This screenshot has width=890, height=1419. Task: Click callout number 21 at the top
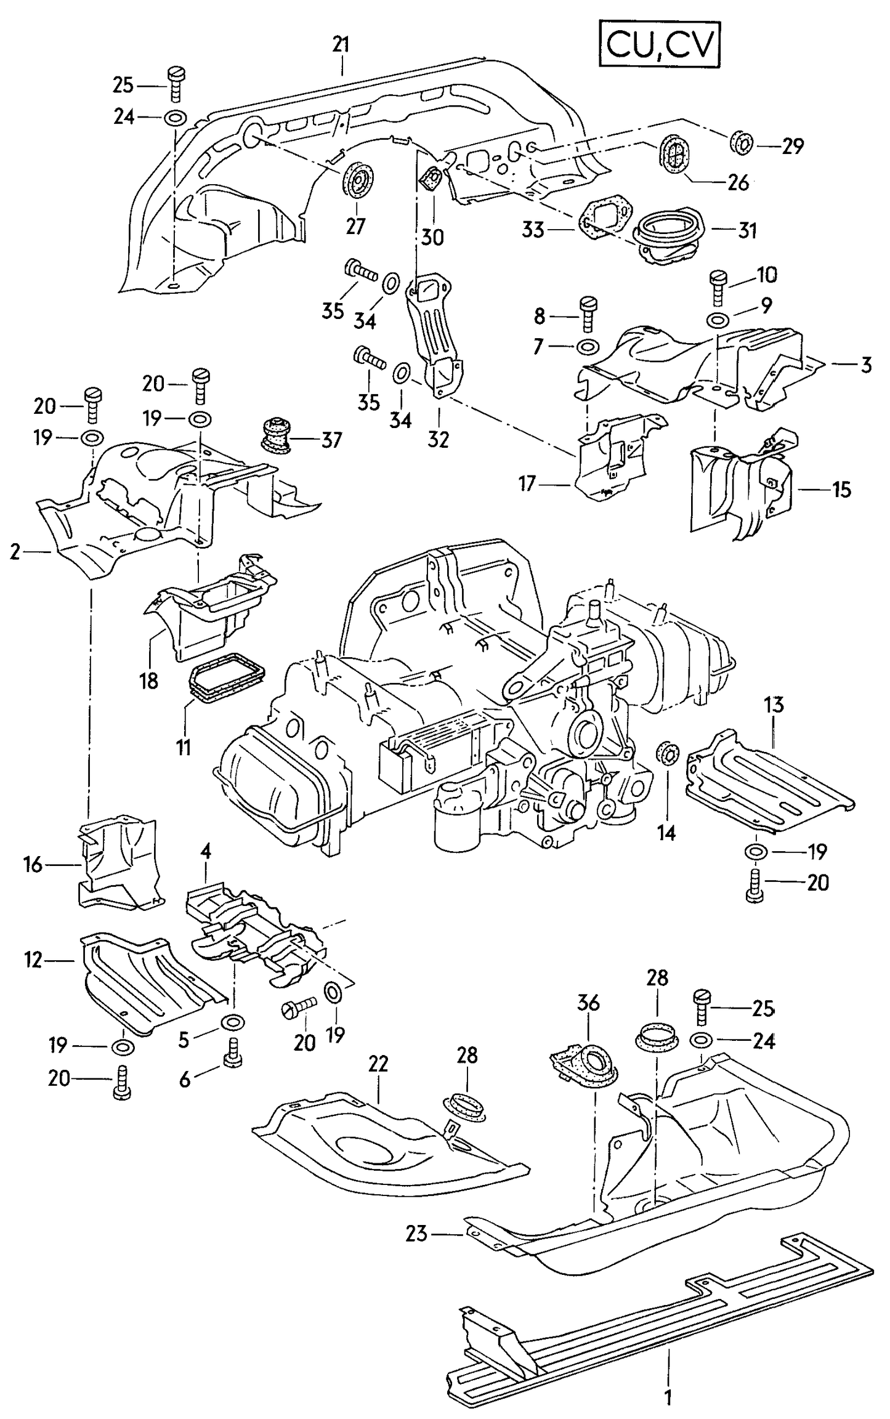click(341, 44)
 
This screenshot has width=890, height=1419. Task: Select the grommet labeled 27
click(357, 179)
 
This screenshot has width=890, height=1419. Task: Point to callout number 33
click(533, 230)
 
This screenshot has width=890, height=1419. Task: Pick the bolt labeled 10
click(718, 287)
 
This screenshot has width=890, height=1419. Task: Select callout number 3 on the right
click(865, 365)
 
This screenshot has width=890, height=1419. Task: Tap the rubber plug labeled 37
click(275, 435)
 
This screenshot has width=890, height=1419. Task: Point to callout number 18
click(149, 680)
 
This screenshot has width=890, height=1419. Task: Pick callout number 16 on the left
click(33, 865)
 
